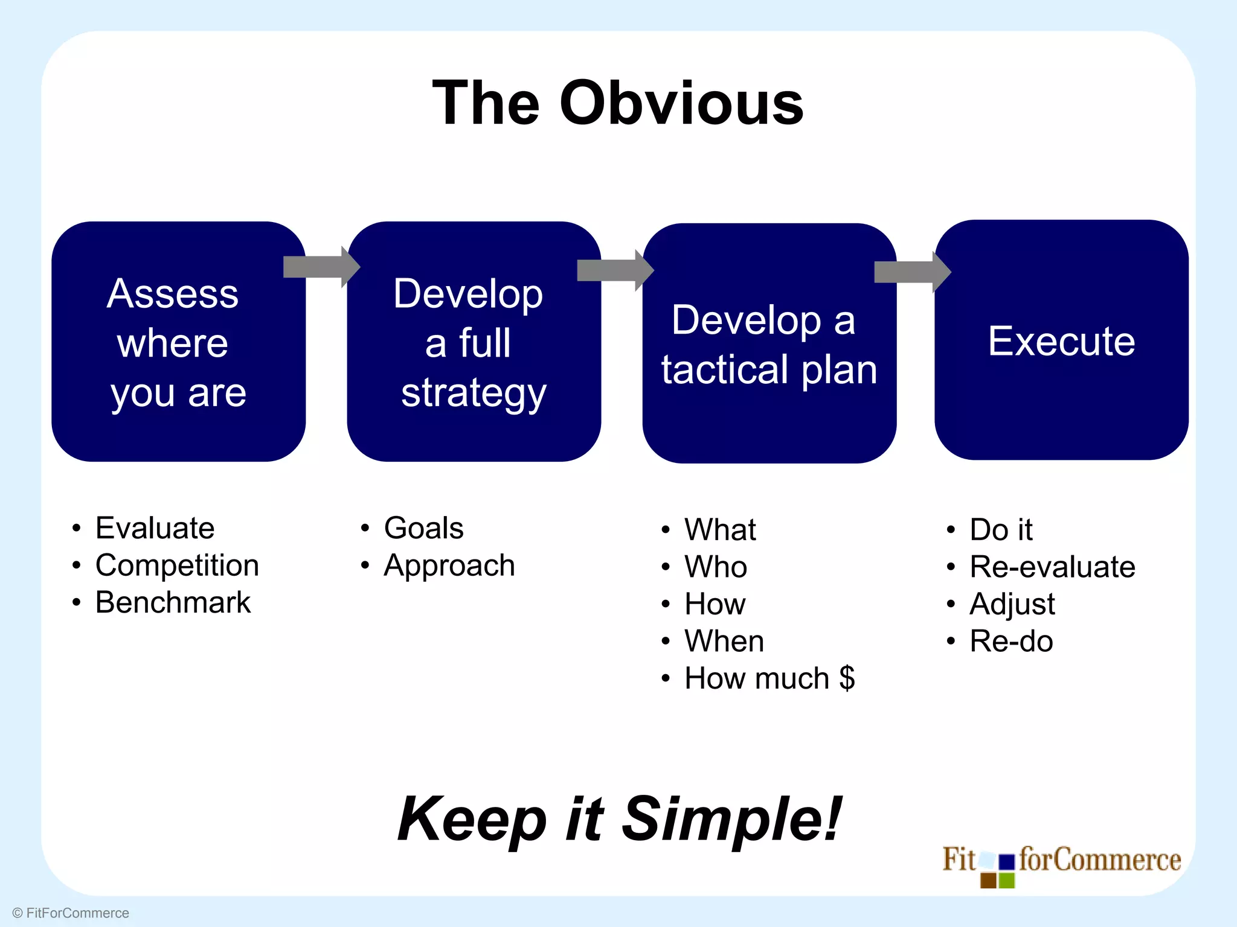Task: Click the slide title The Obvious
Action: point(618,103)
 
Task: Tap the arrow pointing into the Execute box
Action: point(912,272)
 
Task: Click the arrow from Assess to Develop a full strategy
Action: point(321,267)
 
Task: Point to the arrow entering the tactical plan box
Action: point(615,270)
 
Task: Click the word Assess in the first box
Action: point(173,294)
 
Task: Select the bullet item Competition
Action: point(177,565)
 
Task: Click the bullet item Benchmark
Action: point(173,602)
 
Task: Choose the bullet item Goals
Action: point(423,528)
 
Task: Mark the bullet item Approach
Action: point(449,566)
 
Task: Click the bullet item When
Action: point(724,641)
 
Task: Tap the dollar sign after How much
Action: point(847,678)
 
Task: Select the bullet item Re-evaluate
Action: point(1052,567)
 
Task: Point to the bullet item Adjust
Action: point(1012,604)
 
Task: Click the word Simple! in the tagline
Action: point(731,819)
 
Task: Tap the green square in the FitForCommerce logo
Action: point(1006,881)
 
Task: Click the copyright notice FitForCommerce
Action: point(71,913)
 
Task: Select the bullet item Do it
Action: point(1001,530)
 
